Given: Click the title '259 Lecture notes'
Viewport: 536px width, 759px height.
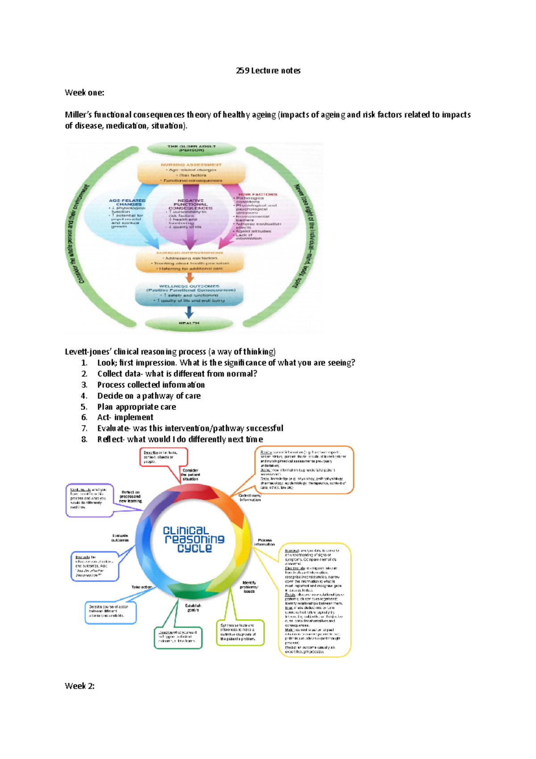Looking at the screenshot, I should [268, 71].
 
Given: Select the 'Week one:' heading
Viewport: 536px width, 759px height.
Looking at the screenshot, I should [84, 93].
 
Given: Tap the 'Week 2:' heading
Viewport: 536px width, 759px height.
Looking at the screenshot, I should [80, 686].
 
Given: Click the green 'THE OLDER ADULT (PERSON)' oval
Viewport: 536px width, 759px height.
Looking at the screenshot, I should [192, 148].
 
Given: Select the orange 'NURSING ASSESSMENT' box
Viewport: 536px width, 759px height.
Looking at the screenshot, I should [191, 172].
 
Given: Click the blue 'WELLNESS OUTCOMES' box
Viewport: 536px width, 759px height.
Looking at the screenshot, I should [189, 293].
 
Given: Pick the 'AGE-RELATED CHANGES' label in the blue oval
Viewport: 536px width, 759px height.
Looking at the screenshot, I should [127, 202].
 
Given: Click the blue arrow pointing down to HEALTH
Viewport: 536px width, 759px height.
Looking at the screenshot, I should [189, 312].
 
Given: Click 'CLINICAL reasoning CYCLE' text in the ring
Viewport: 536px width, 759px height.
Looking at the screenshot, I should [194, 539].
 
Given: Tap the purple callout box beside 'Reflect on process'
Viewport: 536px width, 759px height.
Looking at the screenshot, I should [89, 500].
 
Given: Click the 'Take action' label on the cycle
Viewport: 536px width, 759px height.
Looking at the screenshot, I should [142, 587].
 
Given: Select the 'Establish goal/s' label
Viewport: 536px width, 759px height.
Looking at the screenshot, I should [193, 607].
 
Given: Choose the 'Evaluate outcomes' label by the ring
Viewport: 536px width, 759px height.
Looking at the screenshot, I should [120, 537].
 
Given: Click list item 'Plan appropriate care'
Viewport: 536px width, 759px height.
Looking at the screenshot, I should [136, 407].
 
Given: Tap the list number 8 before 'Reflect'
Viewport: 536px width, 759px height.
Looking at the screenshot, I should [84, 439].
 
